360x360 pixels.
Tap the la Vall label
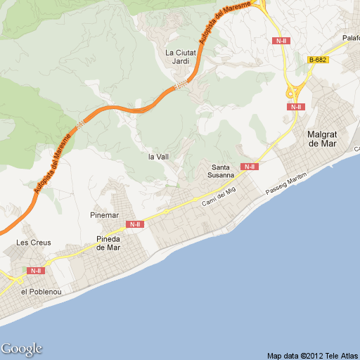[x=158, y=157]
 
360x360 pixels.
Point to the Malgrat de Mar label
[x=323, y=139]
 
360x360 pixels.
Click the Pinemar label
[x=105, y=214]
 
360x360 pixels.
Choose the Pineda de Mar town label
[x=109, y=243]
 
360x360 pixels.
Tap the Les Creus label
[x=34, y=243]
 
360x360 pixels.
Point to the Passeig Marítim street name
[x=286, y=184]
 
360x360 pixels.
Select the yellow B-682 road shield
[x=319, y=60]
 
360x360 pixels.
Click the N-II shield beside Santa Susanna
[x=249, y=167]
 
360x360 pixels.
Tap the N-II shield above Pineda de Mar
[x=135, y=224]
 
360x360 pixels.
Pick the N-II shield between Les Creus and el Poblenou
[x=36, y=270]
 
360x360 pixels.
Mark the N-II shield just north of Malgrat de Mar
[x=295, y=107]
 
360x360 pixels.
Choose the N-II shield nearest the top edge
[x=281, y=41]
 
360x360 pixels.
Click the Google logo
[x=21, y=349]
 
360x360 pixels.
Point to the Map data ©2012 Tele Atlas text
[x=312, y=355]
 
